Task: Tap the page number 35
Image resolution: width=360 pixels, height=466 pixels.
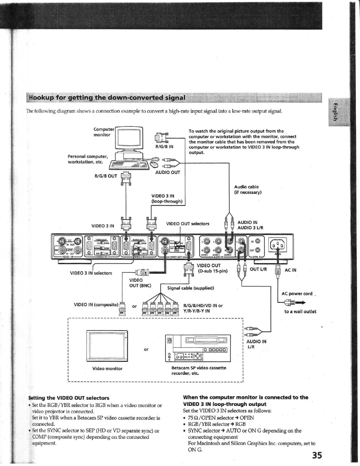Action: [x=317, y=455]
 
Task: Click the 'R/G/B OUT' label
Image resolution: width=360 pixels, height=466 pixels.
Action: [x=106, y=176]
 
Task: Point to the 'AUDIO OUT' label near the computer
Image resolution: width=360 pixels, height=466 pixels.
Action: [x=168, y=172]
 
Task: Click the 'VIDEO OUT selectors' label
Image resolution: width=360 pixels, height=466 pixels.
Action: [x=187, y=224]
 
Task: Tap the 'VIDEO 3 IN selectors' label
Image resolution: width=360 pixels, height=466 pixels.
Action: [x=91, y=273]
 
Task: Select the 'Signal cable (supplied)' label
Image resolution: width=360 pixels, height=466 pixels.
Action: [x=190, y=288]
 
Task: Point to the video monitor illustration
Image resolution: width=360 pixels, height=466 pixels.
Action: [x=107, y=346]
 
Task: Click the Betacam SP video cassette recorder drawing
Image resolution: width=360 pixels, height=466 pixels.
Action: [x=198, y=348]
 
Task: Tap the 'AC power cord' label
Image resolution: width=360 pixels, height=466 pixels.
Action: [x=297, y=294]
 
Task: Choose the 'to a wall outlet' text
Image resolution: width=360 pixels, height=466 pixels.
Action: [x=300, y=312]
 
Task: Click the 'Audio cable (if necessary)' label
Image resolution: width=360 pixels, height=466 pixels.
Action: [x=248, y=189]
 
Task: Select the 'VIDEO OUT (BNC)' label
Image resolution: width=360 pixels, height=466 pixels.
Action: [x=140, y=283]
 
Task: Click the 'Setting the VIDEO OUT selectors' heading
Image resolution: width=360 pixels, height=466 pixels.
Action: [x=69, y=398]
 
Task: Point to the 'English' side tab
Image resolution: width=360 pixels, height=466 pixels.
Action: [x=335, y=112]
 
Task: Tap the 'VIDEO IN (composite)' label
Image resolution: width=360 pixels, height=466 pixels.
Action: [x=96, y=304]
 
